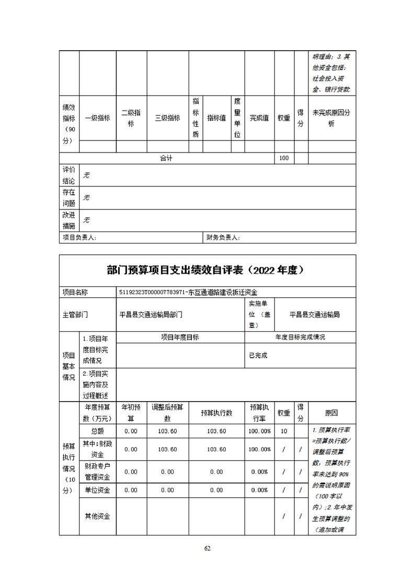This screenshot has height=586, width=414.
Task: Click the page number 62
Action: click(x=207, y=548)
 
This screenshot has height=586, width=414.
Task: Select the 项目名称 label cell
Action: click(x=75, y=292)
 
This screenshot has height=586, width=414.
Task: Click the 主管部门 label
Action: click(x=75, y=315)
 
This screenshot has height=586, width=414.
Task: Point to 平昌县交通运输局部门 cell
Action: click(x=151, y=315)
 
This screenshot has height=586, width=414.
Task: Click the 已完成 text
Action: click(x=258, y=355)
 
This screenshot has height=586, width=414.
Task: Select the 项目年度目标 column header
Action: click(x=180, y=337)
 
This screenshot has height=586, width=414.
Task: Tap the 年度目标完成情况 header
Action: click(x=300, y=337)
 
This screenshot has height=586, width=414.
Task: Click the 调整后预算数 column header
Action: click(x=167, y=413)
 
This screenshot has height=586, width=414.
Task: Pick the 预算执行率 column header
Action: click(x=260, y=413)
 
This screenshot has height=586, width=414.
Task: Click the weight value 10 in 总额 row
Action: click(x=284, y=431)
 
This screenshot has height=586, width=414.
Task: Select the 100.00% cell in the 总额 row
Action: click(x=260, y=431)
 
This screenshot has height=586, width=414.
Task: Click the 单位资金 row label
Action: click(x=97, y=490)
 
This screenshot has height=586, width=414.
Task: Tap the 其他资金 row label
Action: click(x=97, y=516)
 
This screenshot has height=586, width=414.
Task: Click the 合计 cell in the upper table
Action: click(x=166, y=158)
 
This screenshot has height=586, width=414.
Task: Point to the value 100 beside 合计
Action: click(x=284, y=158)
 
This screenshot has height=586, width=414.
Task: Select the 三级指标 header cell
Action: click(x=167, y=118)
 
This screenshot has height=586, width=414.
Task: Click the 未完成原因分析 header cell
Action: click(x=331, y=118)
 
